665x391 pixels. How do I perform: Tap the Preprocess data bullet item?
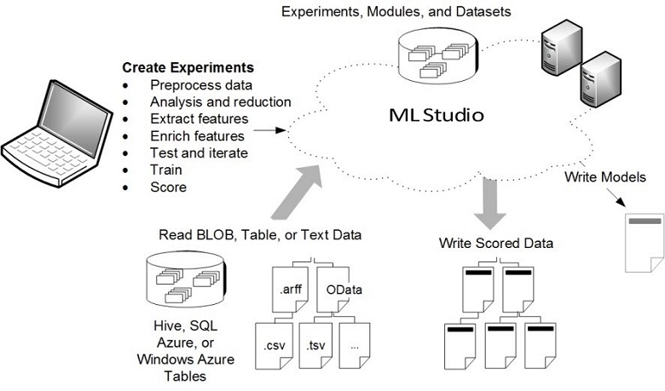click(200, 84)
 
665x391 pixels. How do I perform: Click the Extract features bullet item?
click(199, 118)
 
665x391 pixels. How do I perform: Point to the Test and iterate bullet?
click(199, 152)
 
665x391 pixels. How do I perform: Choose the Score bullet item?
click(168, 187)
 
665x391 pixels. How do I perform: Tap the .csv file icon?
click(275, 345)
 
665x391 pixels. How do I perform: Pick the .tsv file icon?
click(318, 345)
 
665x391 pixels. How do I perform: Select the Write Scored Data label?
click(496, 243)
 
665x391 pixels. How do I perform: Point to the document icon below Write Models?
click(645, 244)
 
